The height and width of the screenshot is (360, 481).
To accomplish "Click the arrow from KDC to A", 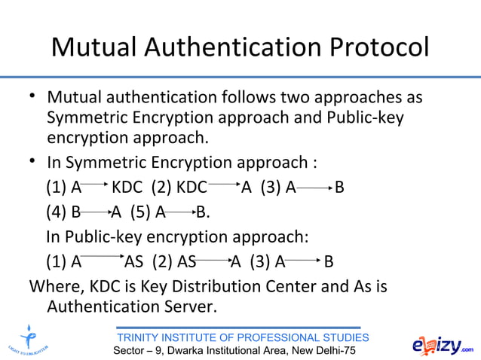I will (x=224, y=183).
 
